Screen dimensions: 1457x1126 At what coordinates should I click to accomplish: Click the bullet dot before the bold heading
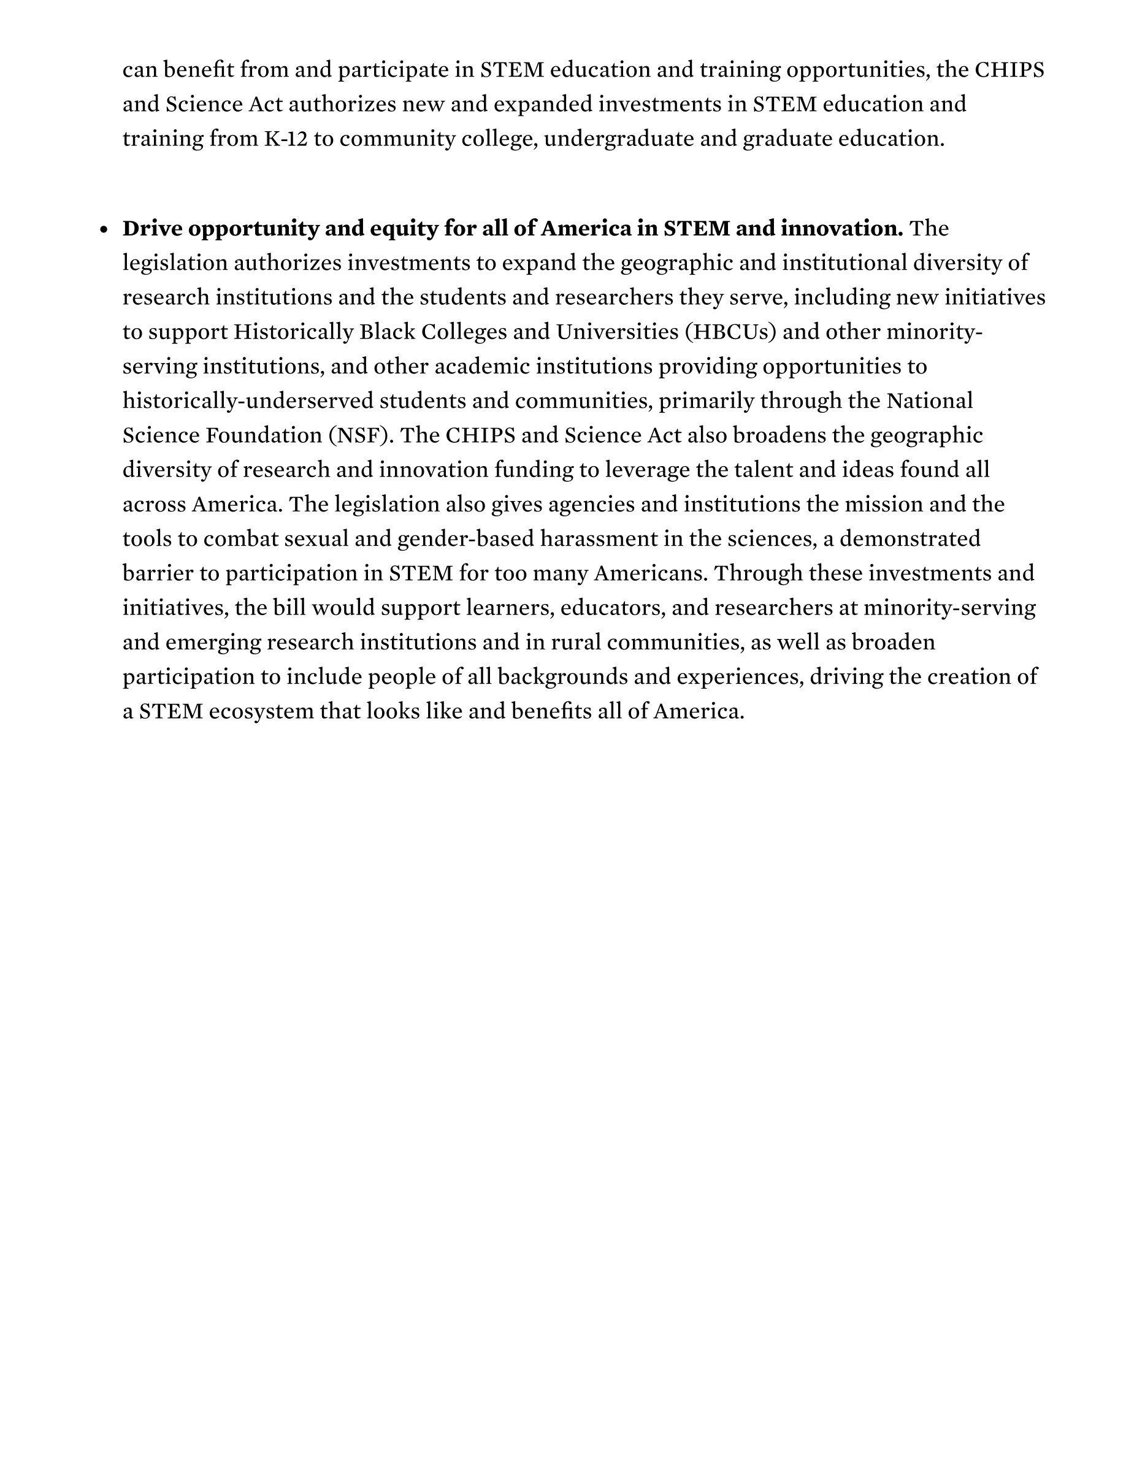click(104, 229)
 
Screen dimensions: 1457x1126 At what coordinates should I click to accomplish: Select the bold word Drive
click(151, 229)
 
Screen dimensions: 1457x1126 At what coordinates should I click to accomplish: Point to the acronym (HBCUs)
click(730, 332)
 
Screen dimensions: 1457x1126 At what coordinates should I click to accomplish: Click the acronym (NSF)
click(361, 435)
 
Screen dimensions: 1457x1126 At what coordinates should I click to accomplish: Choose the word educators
click(613, 608)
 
